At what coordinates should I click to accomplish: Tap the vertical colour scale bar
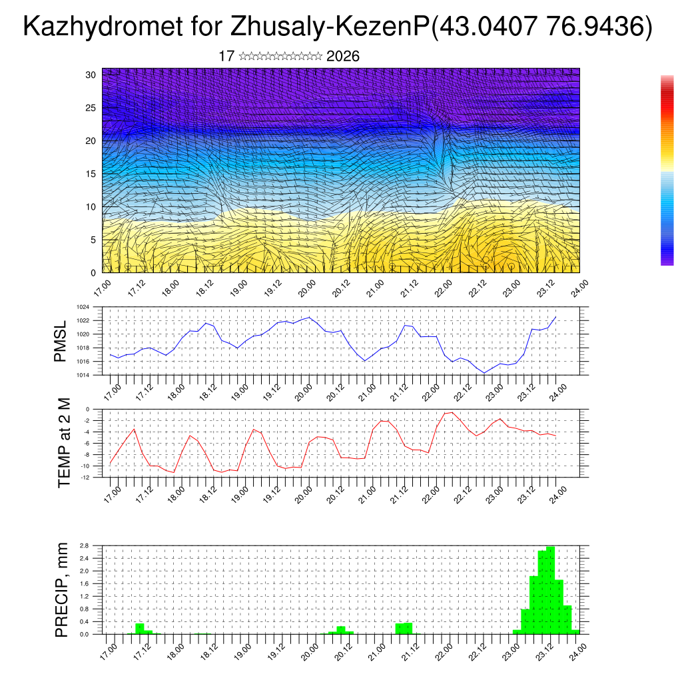coord(667,170)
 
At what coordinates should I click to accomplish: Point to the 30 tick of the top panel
coord(91,75)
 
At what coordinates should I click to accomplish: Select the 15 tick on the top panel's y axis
coord(91,174)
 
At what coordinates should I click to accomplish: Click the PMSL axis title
coord(61,340)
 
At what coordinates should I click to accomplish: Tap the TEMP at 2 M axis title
coord(63,442)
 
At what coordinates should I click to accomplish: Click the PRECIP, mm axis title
coord(62,589)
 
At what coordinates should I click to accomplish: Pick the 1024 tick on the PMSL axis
coord(89,307)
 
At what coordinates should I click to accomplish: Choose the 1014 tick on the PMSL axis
coord(89,375)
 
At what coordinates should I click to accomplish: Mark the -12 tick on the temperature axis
coord(86,477)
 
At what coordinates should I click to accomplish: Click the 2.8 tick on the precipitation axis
coord(85,545)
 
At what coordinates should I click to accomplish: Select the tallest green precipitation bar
coord(550,589)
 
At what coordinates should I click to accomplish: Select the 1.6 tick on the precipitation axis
coord(85,583)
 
